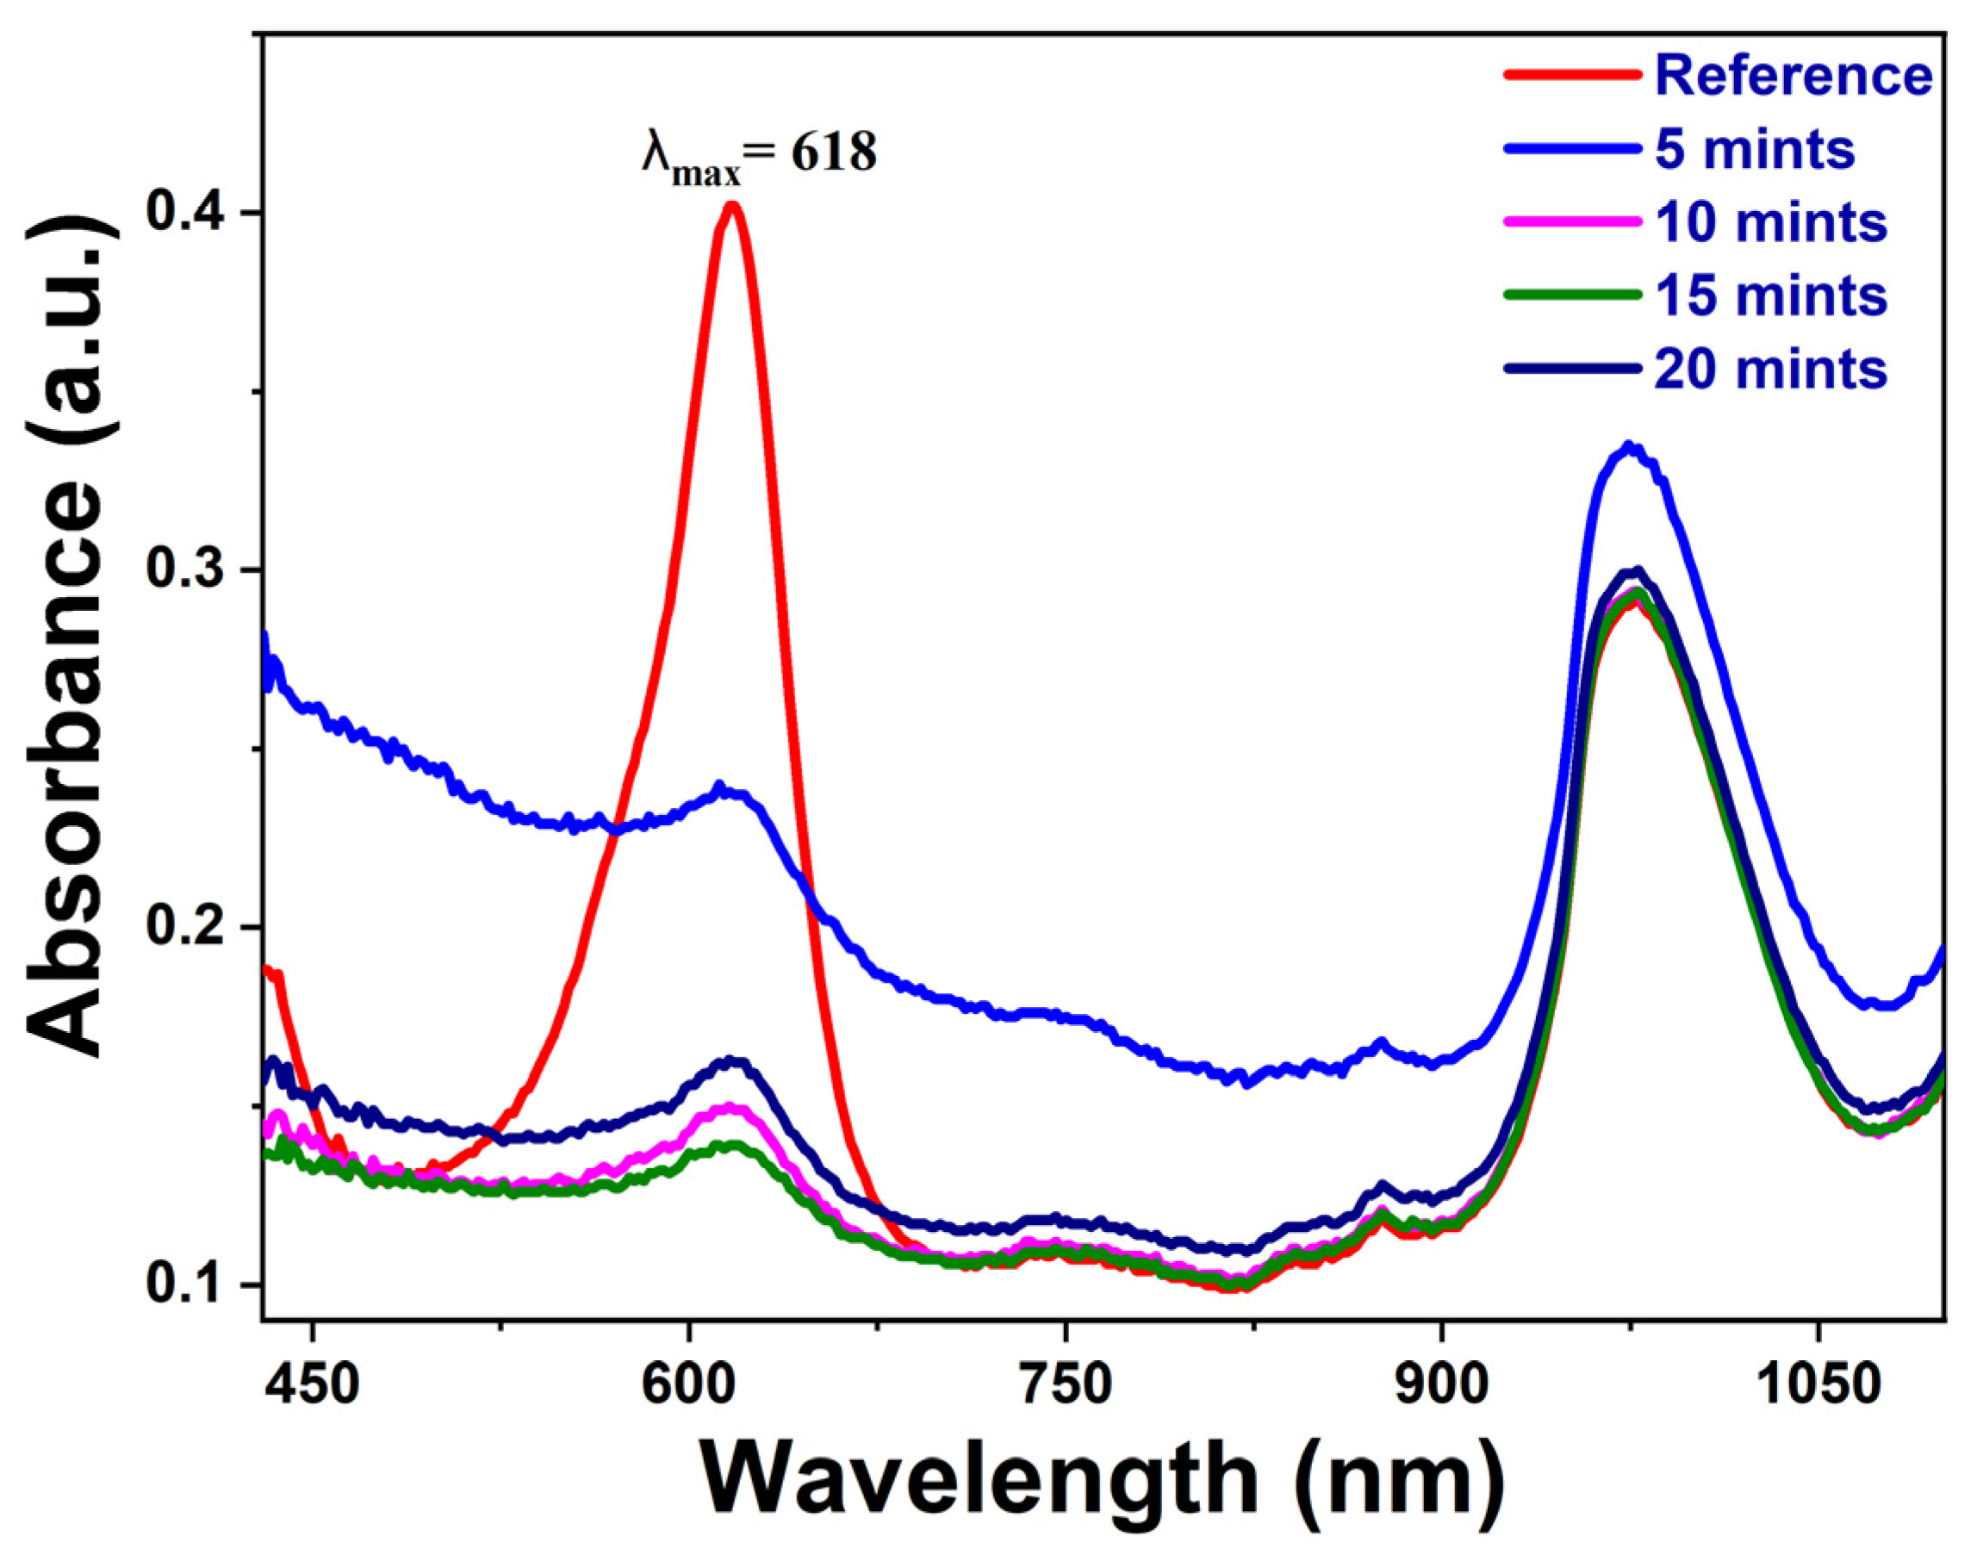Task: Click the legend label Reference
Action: pos(1793,75)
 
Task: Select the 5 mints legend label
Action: pos(1755,149)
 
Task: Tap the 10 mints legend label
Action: pos(1770,223)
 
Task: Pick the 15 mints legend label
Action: pos(1770,296)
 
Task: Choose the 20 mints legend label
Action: pos(1770,370)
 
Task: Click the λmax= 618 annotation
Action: pos(758,155)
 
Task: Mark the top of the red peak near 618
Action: pos(731,205)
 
